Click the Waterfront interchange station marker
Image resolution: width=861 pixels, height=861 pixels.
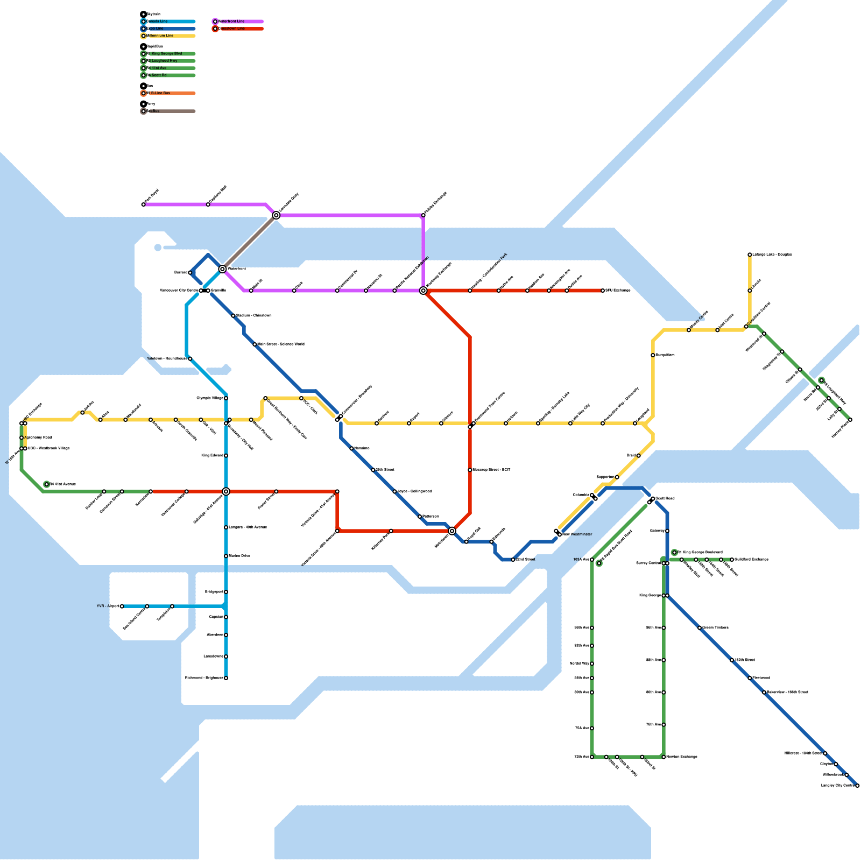222,269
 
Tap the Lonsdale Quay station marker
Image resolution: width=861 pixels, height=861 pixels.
276,215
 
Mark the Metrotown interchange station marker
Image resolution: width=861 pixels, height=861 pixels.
452,531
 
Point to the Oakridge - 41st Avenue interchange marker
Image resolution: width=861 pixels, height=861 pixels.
226,491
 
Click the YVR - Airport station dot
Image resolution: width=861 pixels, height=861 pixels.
122,606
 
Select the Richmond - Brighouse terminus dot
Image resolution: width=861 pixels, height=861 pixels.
226,678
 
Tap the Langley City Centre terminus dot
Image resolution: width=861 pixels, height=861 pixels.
857,786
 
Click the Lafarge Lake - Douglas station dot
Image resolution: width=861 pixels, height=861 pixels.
750,255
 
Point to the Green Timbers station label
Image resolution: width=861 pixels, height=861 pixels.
715,628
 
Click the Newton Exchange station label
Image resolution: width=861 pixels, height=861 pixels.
682,757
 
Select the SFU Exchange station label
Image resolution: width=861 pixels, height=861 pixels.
618,291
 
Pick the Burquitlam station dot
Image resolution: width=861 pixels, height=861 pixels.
653,355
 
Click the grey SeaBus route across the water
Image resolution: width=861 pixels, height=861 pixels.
249,242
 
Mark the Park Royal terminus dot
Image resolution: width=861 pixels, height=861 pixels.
144,204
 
